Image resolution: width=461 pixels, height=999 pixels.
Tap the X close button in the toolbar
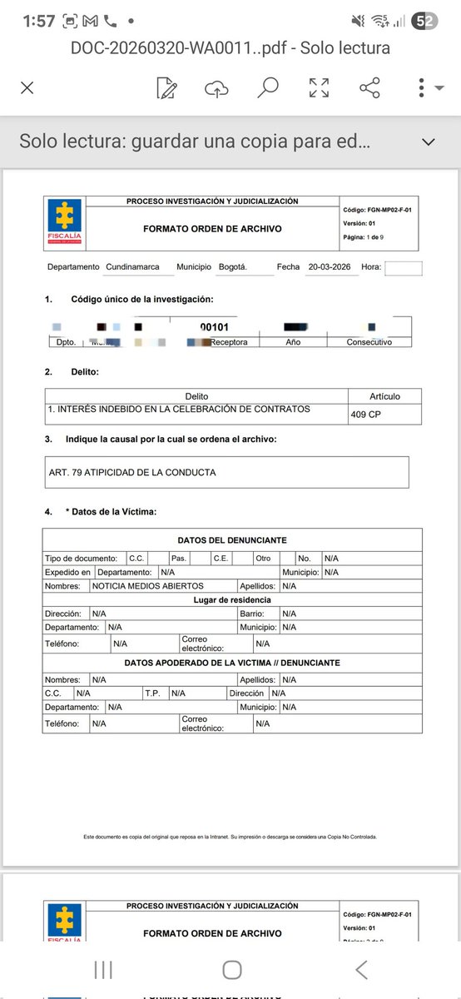[x=27, y=87]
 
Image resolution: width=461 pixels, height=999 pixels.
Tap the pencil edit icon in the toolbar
[x=167, y=87]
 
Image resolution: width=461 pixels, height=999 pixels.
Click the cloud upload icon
[x=216, y=87]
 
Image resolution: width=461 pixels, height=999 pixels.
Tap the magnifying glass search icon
[x=267, y=87]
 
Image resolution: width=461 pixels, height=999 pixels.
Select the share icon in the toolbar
[x=369, y=87]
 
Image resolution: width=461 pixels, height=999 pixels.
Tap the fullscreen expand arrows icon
[x=319, y=87]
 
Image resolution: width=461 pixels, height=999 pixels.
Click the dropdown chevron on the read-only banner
[x=429, y=142]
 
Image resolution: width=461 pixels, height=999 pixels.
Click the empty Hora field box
[x=404, y=268]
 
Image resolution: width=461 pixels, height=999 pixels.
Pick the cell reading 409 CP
[x=364, y=413]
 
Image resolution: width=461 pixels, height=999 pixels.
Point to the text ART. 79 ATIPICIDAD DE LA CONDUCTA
[x=132, y=472]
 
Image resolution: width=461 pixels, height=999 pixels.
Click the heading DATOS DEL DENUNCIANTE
[x=232, y=541]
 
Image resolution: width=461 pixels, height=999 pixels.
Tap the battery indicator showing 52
[x=424, y=22]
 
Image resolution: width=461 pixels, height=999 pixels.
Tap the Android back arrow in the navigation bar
[x=360, y=968]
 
